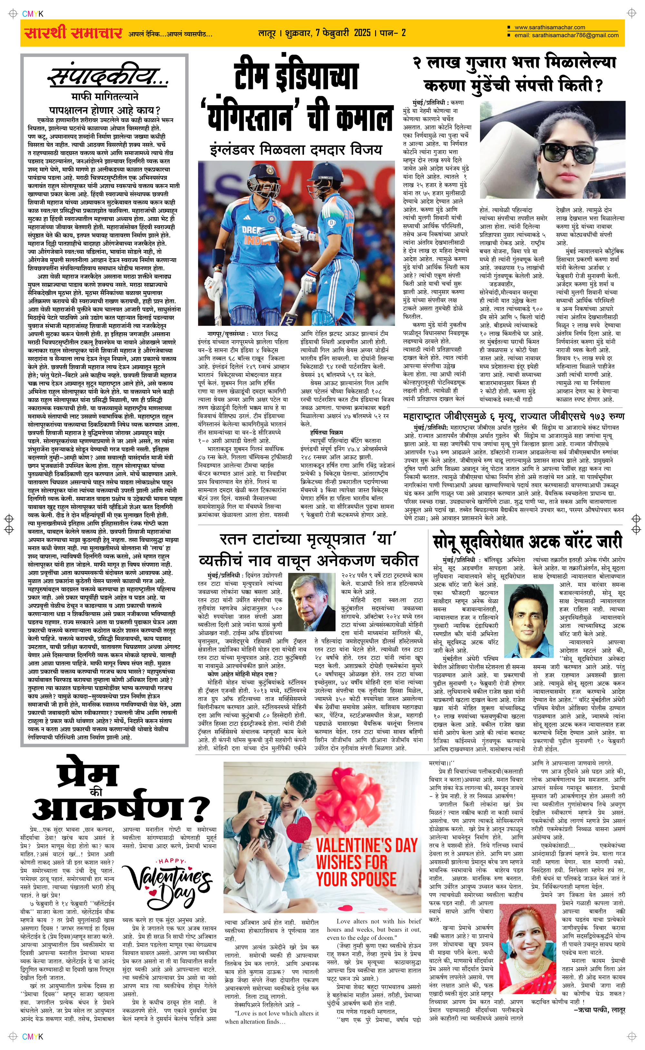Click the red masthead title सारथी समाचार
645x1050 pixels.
(74, 33)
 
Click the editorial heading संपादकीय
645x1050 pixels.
(109, 77)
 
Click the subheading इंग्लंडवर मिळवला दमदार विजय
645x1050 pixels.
(296, 150)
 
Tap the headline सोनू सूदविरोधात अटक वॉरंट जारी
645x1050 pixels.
(527, 542)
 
